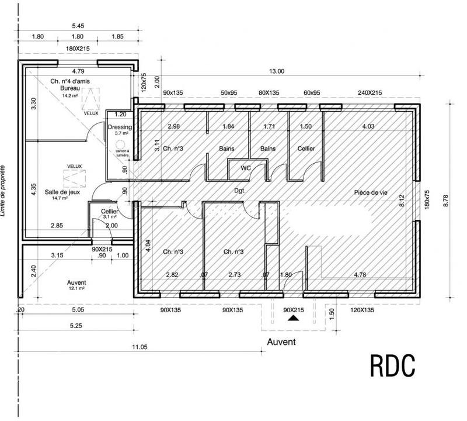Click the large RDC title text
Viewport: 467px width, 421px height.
392,365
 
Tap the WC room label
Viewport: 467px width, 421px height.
246,168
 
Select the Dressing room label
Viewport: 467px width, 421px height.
120,127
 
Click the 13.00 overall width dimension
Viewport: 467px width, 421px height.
276,71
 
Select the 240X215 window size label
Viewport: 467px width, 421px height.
370,93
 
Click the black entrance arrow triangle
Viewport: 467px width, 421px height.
294,319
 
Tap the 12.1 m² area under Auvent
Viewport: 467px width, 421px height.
77,288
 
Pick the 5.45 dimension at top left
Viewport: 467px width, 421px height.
78,26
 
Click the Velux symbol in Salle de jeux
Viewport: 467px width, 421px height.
74,175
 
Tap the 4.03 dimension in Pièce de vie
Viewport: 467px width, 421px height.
368,126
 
